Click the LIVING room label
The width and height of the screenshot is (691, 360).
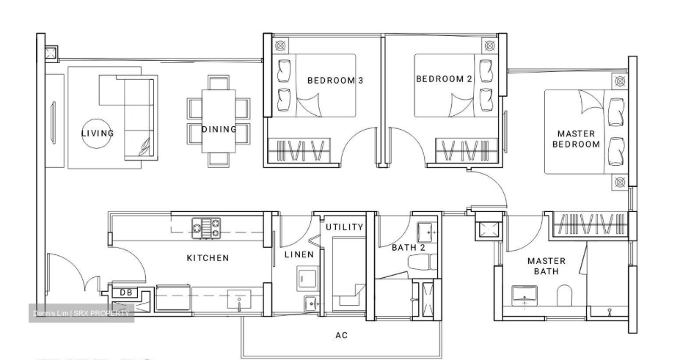coord(98,133)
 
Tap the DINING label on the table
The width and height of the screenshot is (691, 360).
coord(219,129)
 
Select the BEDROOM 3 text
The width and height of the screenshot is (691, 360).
coord(335,80)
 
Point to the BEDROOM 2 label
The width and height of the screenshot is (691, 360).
coord(445,79)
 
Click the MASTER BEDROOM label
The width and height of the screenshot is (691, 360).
coord(576,139)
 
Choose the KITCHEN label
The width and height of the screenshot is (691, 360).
coord(208,258)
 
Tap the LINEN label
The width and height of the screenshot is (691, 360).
coord(299,254)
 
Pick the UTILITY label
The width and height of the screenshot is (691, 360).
coord(345,227)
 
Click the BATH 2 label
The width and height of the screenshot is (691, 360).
coord(409,247)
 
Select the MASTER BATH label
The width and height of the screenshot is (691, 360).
coord(546,266)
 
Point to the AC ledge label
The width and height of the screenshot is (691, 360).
coord(342,335)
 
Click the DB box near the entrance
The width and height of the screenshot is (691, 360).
coord(125,293)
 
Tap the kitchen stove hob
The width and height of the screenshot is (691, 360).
coord(206,228)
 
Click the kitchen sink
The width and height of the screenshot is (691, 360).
coord(239,300)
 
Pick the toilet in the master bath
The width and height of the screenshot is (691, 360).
coord(565,295)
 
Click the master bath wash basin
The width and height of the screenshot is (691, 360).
coord(524,295)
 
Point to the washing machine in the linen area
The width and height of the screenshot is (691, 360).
coord(308,278)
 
